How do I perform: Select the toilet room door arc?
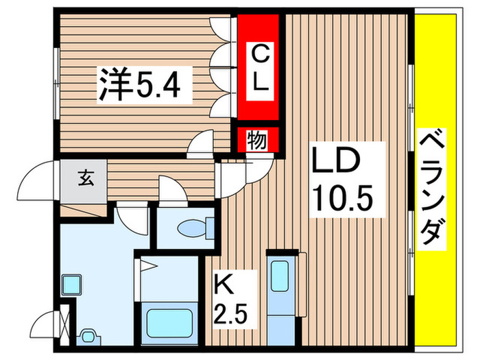173,189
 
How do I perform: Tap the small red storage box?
258,141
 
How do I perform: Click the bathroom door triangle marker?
150,267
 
